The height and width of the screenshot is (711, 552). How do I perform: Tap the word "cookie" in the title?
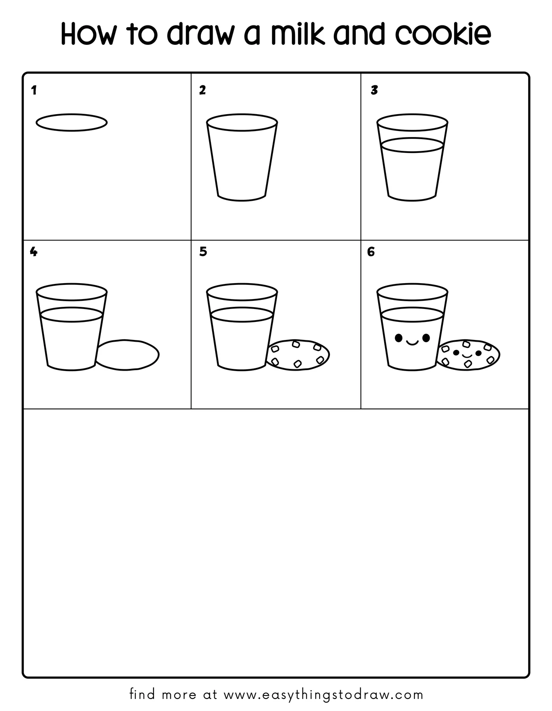click(444, 33)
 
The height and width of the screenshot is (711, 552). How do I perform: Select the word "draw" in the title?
click(201, 33)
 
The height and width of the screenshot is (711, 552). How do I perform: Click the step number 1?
click(34, 90)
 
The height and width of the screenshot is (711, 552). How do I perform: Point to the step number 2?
click(202, 90)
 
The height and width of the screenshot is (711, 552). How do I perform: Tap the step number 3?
click(374, 90)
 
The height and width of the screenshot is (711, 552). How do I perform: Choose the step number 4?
click(33, 252)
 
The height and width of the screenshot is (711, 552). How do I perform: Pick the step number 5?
click(203, 252)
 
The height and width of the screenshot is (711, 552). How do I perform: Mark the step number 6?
click(370, 252)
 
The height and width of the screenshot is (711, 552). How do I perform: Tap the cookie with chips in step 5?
click(298, 340)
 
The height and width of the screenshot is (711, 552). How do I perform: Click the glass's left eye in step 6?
click(398, 338)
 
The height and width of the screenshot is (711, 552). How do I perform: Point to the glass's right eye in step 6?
click(426, 338)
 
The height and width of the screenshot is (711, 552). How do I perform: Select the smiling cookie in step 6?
click(468, 340)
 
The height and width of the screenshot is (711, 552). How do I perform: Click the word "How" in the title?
click(88, 33)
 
